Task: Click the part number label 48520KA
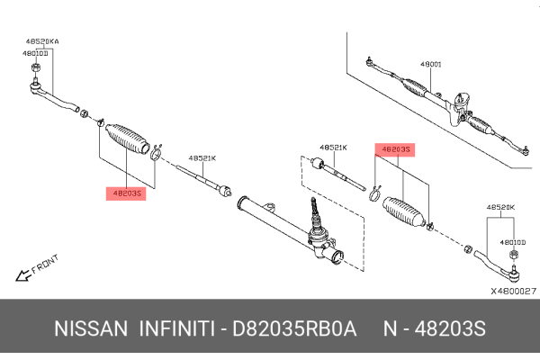(41, 42)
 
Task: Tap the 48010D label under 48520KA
(36, 53)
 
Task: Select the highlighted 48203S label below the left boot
(124, 193)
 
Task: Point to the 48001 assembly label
(431, 65)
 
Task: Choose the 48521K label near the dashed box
(332, 148)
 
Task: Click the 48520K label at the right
(499, 207)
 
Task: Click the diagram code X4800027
(513, 291)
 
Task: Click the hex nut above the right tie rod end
(513, 257)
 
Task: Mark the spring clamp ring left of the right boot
(373, 189)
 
